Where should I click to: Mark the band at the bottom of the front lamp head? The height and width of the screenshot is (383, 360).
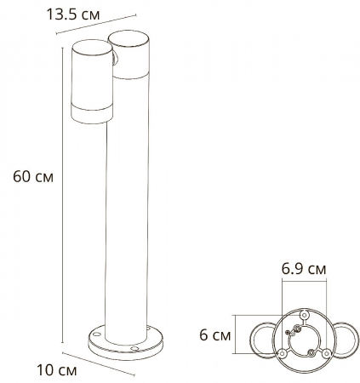[x=89, y=113]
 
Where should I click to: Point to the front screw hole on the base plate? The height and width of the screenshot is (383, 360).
[x=134, y=350]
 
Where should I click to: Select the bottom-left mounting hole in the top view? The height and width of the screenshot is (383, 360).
[x=280, y=353]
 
